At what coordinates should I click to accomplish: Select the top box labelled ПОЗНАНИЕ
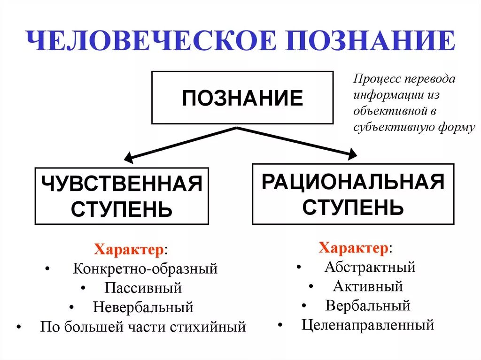(242, 98)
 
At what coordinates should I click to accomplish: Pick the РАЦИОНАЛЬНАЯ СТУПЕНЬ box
(353, 193)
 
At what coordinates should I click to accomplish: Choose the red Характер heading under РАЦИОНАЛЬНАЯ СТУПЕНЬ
(354, 247)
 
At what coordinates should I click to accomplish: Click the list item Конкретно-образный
(145, 269)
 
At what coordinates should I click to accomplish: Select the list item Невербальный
(143, 307)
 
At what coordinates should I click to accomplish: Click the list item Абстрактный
(370, 267)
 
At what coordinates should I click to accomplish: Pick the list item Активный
(368, 286)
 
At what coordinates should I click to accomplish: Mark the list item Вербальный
(368, 306)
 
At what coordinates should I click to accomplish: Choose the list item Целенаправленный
(368, 324)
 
